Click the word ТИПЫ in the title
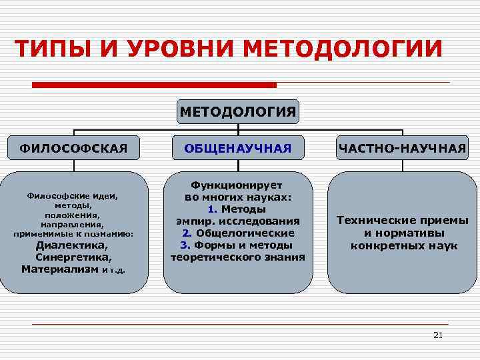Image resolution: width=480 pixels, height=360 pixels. click(x=51, y=49)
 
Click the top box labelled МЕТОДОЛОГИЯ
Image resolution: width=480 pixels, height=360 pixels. click(x=238, y=111)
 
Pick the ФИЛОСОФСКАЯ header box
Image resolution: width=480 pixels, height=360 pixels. click(x=73, y=147)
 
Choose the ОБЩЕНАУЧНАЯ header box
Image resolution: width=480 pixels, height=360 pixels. click(x=238, y=147)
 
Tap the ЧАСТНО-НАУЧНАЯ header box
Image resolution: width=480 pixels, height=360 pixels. click(x=403, y=147)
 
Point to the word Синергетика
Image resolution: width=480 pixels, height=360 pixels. click(x=73, y=257)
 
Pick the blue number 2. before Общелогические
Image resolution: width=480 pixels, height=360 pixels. click(x=187, y=233)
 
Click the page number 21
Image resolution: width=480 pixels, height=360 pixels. click(x=438, y=335)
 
